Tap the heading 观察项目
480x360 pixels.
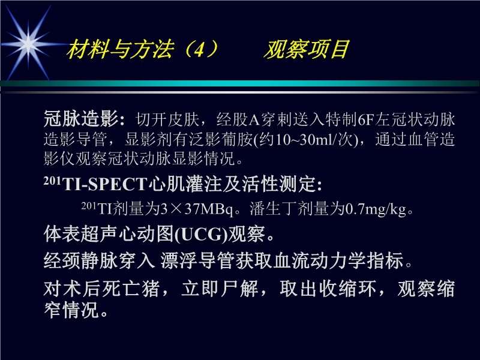pyautogui.click(x=306, y=50)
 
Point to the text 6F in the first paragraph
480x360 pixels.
pyautogui.click(x=365, y=118)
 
